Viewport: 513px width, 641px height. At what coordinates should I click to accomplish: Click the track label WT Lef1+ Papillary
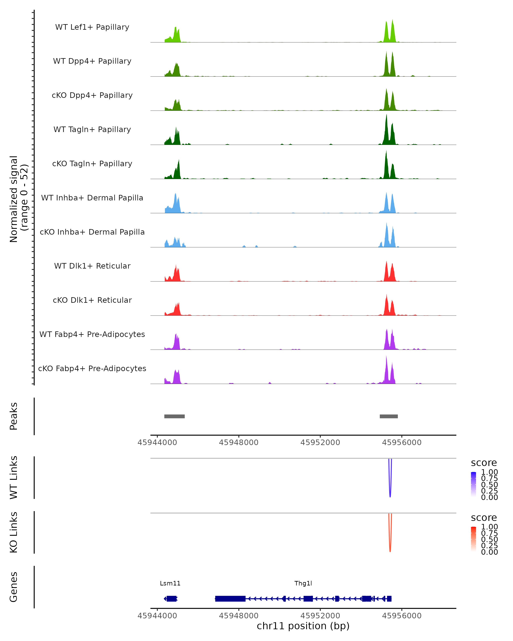[x=92, y=27]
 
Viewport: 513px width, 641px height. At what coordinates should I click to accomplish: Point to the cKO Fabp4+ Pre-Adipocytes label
[x=92, y=368]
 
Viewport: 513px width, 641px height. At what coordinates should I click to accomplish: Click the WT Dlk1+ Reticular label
[x=92, y=266]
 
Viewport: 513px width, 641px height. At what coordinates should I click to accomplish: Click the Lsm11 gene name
[x=170, y=583]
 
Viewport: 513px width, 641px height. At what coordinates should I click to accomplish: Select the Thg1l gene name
[x=303, y=583]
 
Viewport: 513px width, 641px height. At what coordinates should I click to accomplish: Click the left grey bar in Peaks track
[x=175, y=416]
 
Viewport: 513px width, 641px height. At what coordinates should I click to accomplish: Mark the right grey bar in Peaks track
[x=389, y=416]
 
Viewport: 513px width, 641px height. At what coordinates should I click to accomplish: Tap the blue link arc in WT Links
[x=390, y=488]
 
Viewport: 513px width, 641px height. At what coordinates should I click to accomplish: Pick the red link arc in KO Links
[x=390, y=542]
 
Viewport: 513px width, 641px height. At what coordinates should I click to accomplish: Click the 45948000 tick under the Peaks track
[x=239, y=443]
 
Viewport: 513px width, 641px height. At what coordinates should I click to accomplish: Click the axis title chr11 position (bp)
[x=303, y=626]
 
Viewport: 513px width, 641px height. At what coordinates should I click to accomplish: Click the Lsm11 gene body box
[x=172, y=598]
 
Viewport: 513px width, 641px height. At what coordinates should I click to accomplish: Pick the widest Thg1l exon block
[x=230, y=598]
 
